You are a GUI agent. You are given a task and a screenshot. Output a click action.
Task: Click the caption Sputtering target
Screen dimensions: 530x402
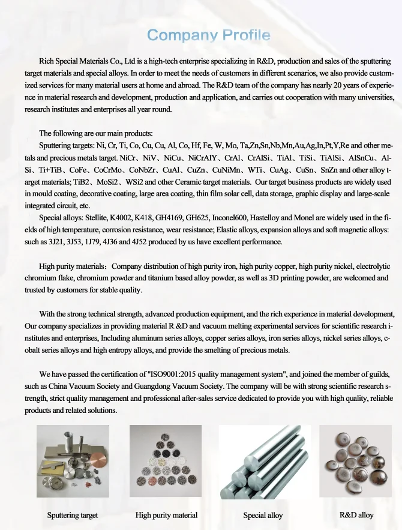73,515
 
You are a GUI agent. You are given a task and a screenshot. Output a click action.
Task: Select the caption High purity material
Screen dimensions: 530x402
166,515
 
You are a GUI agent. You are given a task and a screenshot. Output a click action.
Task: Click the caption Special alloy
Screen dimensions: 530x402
263,515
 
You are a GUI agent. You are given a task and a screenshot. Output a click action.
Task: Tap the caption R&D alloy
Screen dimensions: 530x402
356,514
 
